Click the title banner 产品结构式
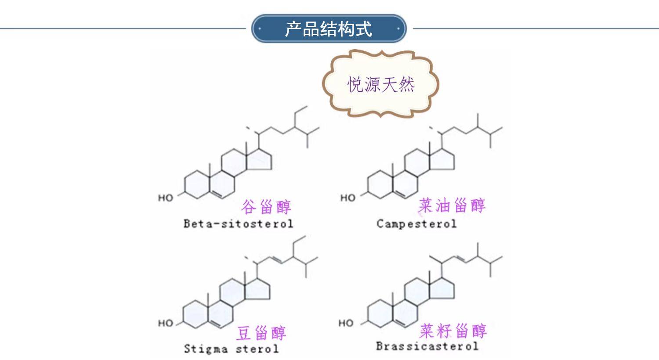pyautogui.click(x=329, y=29)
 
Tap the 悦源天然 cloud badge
pyautogui.click(x=380, y=84)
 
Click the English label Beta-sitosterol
pyautogui.click(x=238, y=223)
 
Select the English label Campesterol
pyautogui.click(x=416, y=223)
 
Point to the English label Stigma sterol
pyautogui.click(x=231, y=349)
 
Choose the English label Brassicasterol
pyautogui.click(x=427, y=346)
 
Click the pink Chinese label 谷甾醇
pyautogui.click(x=266, y=206)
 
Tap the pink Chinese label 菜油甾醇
pyautogui.click(x=452, y=205)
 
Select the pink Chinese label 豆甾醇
pyautogui.click(x=261, y=333)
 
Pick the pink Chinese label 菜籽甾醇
pyautogui.click(x=453, y=331)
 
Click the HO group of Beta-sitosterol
pyautogui.click(x=166, y=198)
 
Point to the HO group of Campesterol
pyautogui.click(x=348, y=198)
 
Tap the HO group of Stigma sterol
pyautogui.click(x=166, y=324)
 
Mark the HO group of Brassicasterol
pyautogui.click(x=346, y=324)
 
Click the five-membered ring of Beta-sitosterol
pyautogui.click(x=260, y=161)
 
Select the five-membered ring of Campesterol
pyautogui.click(x=443, y=161)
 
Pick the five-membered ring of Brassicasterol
pyautogui.click(x=443, y=288)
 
